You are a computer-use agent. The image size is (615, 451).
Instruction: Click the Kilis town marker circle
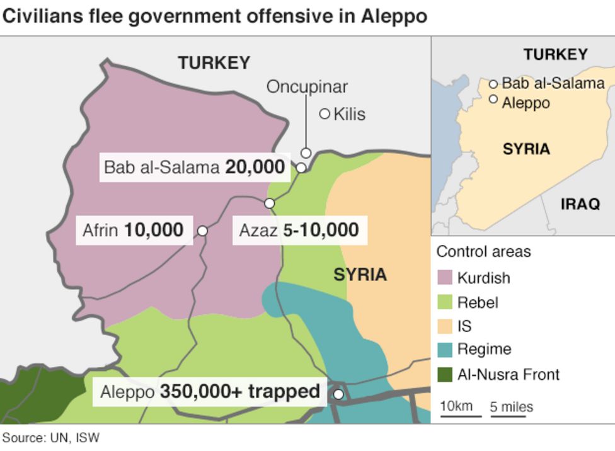325,114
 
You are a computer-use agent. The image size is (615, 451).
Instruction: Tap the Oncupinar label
306,86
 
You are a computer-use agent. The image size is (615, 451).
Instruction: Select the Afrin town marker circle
202,231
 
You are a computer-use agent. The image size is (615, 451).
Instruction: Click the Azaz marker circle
270,203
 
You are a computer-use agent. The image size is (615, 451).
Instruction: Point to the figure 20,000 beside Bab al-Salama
255,167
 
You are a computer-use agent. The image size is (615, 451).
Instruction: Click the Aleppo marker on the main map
338,394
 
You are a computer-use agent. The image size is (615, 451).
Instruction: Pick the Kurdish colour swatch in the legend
445,278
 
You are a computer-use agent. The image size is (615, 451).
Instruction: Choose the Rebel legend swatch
445,302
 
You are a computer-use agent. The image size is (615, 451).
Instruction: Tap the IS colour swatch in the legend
445,326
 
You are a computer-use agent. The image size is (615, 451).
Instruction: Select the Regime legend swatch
445,350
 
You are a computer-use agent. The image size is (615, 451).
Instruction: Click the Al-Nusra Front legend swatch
445,375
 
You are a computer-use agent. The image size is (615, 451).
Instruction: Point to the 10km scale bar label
456,406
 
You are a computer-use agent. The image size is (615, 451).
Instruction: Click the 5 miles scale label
511,407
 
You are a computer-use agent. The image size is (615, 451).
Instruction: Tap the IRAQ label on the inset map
579,203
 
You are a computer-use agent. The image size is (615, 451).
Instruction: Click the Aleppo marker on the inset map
493,99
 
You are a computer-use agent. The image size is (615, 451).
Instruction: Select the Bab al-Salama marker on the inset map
493,83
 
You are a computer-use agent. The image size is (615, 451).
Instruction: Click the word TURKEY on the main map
214,63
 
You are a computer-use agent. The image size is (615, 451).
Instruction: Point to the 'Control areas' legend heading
483,251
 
